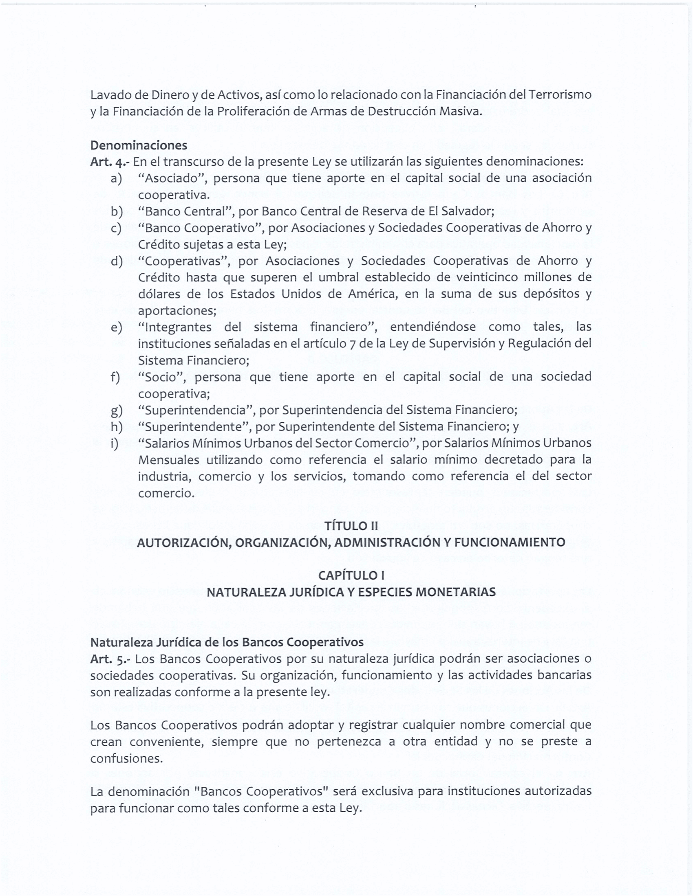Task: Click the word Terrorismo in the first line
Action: pos(560,95)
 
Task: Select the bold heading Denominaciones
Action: pos(138,145)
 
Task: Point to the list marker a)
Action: pos(117,178)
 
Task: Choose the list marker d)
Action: pos(117,261)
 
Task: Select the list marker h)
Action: pos(117,427)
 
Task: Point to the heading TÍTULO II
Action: pos(351,526)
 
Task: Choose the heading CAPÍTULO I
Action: pos(351,575)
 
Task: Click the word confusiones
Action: pos(126,758)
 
